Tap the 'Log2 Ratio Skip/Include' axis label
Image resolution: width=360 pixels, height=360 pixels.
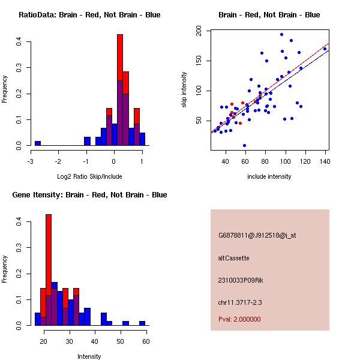[x=89, y=176]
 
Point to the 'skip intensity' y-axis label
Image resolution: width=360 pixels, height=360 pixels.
[x=184, y=90]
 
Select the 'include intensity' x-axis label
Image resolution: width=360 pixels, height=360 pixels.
[x=269, y=176]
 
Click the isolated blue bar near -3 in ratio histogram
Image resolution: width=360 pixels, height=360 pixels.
[x=37, y=143]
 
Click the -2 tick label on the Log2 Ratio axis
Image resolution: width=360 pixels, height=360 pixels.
[x=58, y=161]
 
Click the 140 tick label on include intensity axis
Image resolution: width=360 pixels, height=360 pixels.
[x=324, y=161]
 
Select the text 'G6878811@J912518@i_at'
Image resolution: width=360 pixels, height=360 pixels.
[x=257, y=235]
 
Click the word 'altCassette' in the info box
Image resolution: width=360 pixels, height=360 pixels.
[x=233, y=258]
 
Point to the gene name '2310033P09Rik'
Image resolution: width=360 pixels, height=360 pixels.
[x=240, y=280]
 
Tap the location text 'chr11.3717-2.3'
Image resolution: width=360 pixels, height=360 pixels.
[x=240, y=302]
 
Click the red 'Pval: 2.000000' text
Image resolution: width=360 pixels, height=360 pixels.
[x=239, y=319]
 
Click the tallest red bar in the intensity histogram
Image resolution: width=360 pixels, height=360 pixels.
[x=49, y=270]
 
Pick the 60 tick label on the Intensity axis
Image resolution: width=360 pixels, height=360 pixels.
[x=146, y=341]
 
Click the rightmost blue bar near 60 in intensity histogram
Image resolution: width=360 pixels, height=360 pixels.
[x=142, y=323]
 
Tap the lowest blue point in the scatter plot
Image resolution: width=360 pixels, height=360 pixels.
[x=244, y=145]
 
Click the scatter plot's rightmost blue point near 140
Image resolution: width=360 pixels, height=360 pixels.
[x=325, y=49]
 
